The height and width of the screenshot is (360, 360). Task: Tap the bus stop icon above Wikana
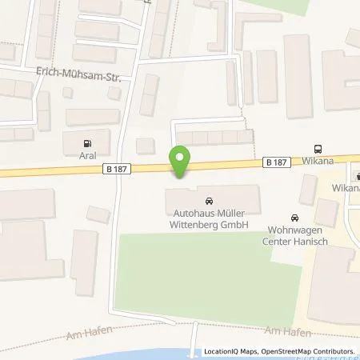(318, 148)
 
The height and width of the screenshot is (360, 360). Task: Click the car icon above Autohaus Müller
(210, 200)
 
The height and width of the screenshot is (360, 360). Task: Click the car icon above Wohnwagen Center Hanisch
(295, 217)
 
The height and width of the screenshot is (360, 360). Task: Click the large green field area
(200, 276)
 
